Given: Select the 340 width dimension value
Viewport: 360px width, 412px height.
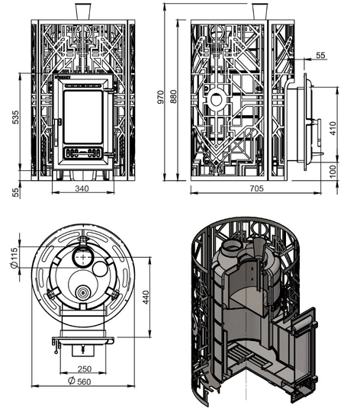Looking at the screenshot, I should click(83, 188).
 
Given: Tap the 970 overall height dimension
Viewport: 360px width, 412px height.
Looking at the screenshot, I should click(159, 93).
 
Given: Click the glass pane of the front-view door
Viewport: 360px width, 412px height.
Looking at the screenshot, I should click(83, 116).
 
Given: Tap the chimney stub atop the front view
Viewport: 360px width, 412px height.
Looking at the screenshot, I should click(83, 12).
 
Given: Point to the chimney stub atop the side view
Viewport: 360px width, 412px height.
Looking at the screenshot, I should click(259, 12).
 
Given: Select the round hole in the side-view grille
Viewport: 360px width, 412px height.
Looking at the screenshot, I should click(218, 99).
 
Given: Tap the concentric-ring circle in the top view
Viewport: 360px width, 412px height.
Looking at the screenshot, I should click(82, 292).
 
